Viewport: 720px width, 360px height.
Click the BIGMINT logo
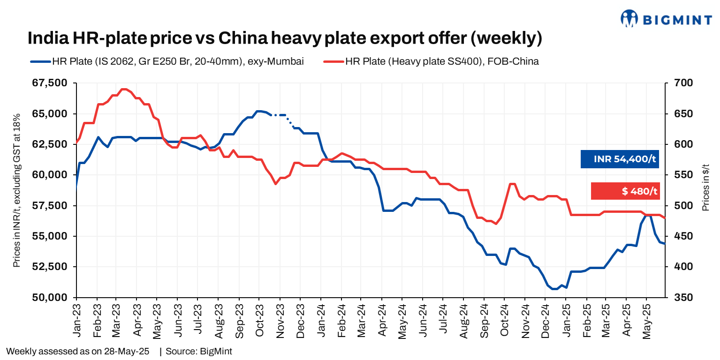pyautogui.click(x=666, y=18)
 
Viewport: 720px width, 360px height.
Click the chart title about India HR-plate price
pyautogui.click(x=285, y=38)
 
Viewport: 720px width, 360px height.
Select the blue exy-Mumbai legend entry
pyautogui.click(x=166, y=61)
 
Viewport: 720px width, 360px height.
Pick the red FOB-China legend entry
pyautogui.click(x=431, y=61)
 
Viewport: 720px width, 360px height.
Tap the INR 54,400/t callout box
pyautogui.click(x=620, y=159)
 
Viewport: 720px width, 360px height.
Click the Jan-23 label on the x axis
pyautogui.click(x=77, y=320)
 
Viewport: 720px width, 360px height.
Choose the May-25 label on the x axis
pyautogui.click(x=647, y=320)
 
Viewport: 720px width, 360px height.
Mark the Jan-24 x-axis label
pyautogui.click(x=321, y=320)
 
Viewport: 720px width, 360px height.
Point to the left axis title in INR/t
pyautogui.click(x=16, y=190)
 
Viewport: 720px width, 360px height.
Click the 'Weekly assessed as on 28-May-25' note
pyautogui.click(x=78, y=351)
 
